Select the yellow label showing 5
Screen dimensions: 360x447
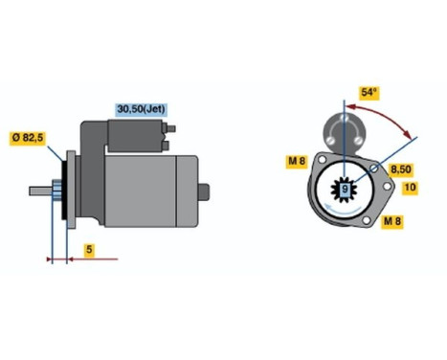tap(89, 251)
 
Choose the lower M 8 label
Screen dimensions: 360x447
tap(392, 221)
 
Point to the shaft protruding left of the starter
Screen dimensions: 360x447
tap(39, 190)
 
